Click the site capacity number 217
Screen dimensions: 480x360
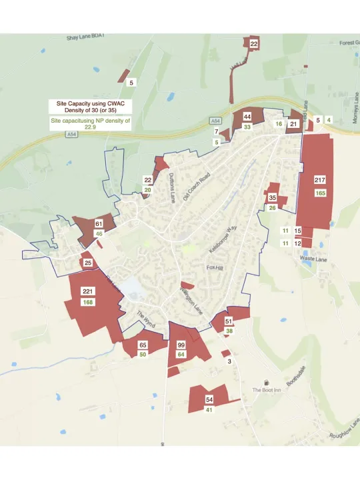pyautogui.click(x=320, y=181)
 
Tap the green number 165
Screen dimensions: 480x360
pyautogui.click(x=320, y=193)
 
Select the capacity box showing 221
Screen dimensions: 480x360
pyautogui.click(x=88, y=291)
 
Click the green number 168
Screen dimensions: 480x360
pyautogui.click(x=88, y=303)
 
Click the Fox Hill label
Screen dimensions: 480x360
pyautogui.click(x=214, y=267)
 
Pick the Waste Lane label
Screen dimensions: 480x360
pyautogui.click(x=313, y=259)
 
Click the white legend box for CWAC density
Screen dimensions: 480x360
pyautogui.click(x=90, y=106)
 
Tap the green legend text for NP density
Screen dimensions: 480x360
pyautogui.click(x=90, y=123)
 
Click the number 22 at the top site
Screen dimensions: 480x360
pyautogui.click(x=254, y=43)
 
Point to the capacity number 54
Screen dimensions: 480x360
pyautogui.click(x=209, y=399)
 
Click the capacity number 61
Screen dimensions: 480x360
pyautogui.click(x=99, y=224)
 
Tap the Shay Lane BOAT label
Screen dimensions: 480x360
pyautogui.click(x=87, y=39)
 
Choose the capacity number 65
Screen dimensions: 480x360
pyautogui.click(x=143, y=345)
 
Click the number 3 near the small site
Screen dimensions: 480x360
pyautogui.click(x=229, y=361)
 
